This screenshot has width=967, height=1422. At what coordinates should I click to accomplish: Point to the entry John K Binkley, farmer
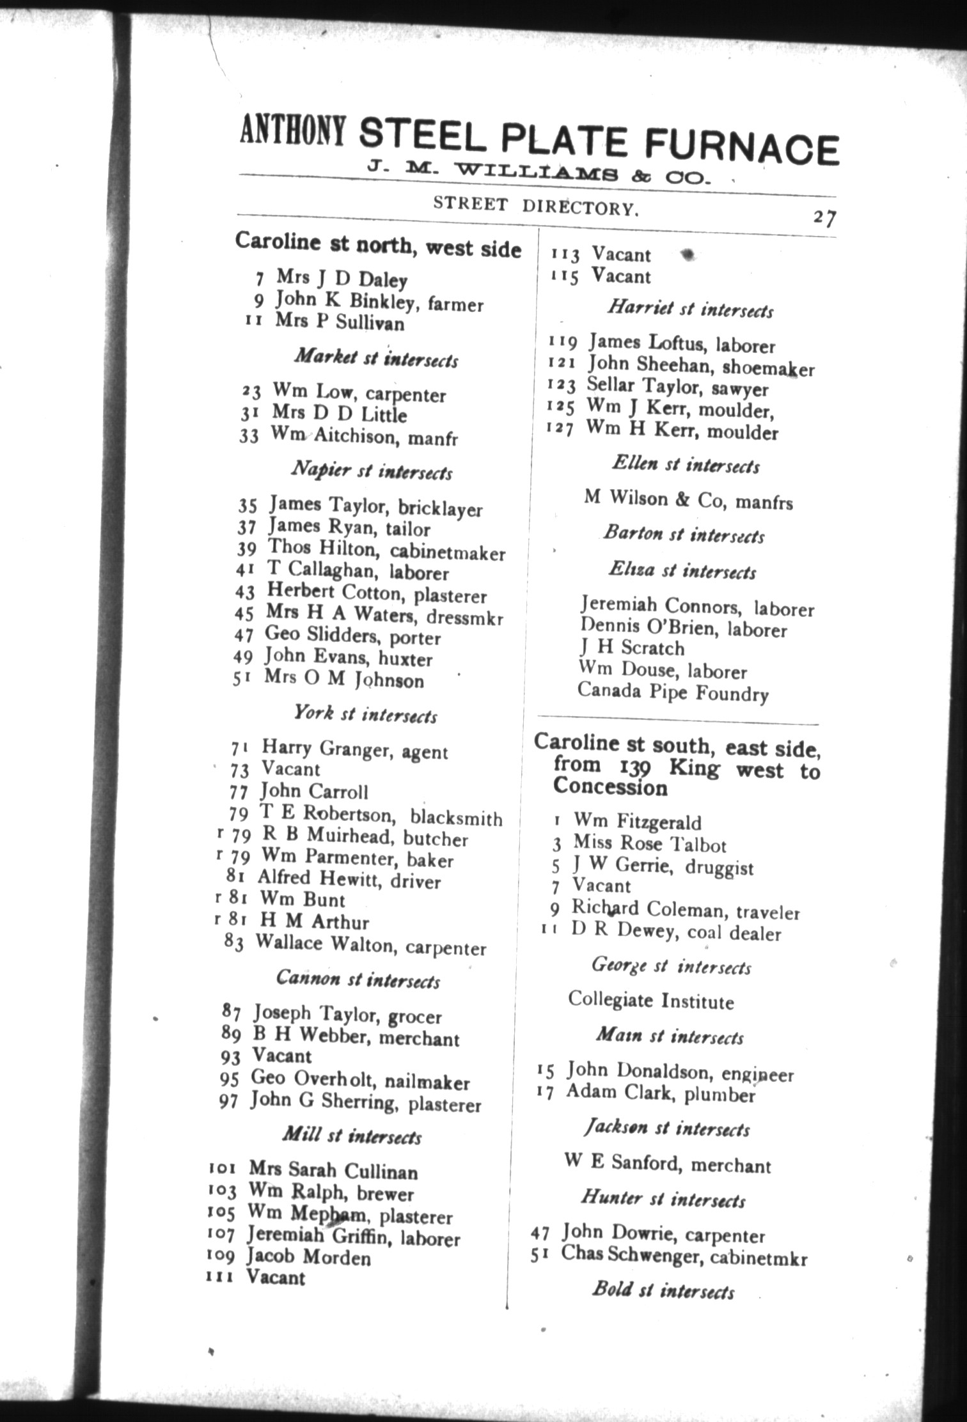(379, 302)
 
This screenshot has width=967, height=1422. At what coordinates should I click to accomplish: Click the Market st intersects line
(376, 359)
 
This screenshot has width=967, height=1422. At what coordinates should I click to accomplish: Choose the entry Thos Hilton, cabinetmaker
(386, 551)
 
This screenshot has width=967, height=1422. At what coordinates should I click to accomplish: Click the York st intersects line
(365, 714)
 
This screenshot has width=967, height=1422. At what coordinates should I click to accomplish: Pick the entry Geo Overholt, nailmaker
(360, 1080)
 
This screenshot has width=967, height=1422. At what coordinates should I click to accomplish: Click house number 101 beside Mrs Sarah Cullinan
(223, 1169)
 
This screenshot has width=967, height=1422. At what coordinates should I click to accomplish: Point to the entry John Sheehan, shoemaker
(701, 366)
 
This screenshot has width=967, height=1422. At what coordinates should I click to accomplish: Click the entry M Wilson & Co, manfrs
(688, 499)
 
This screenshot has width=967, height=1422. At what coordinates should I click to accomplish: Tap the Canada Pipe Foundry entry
(672, 693)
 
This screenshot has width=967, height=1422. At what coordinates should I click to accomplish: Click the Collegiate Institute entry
(650, 1001)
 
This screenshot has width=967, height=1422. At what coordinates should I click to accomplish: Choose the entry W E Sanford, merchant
(667, 1164)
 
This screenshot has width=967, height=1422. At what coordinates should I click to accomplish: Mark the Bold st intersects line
(663, 1290)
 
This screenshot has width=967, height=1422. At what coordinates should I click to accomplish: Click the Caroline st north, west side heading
(378, 245)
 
